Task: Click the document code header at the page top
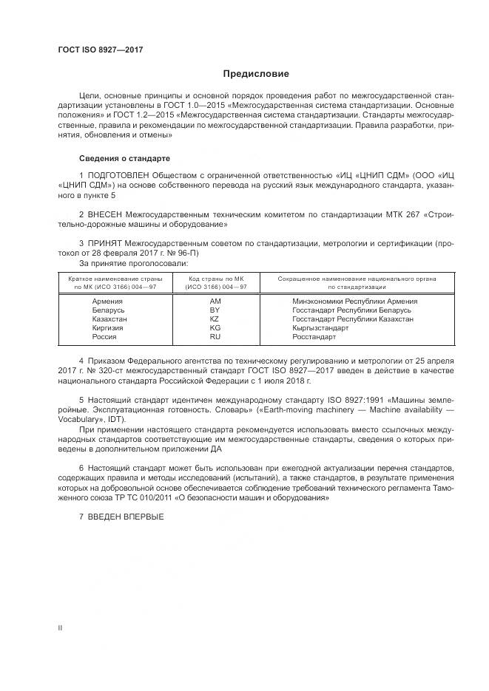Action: tap(100, 50)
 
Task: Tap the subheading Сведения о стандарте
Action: tap(124, 159)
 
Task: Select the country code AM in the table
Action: tap(215, 302)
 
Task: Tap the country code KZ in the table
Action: tap(215, 319)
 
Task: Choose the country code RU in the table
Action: tap(215, 337)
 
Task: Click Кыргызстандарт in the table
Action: tap(320, 328)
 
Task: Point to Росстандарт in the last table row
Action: tap(314, 337)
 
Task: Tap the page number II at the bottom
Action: tap(61, 627)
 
